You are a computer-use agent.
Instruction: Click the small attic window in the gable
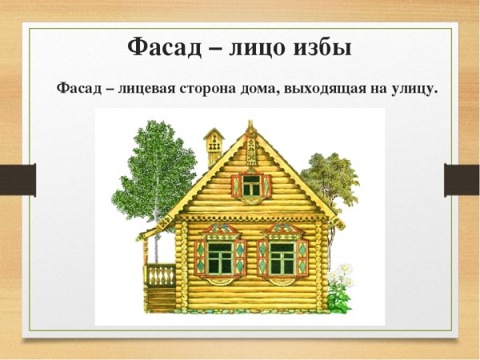pos(251,186)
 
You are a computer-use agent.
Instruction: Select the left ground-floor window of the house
pos(220,256)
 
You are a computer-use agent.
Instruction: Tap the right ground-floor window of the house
pos(282,256)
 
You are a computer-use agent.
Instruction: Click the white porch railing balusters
pos(162,275)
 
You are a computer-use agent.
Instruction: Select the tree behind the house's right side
pos(330,180)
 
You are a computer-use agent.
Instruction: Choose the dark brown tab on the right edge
pos(462,179)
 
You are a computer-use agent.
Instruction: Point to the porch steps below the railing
pos(162,300)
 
